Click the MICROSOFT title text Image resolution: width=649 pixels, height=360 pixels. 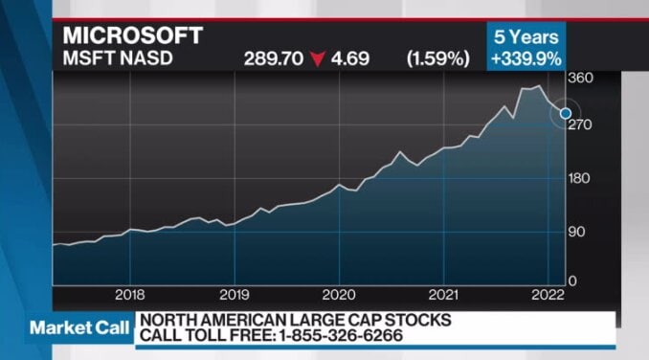pos(133,35)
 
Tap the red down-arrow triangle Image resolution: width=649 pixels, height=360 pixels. pos(317,59)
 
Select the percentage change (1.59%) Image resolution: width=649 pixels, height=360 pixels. pos(437,59)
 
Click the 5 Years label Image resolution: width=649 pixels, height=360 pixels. pos(526,37)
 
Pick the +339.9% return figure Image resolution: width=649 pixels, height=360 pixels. pos(526,59)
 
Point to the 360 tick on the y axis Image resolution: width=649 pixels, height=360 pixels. pos(581,79)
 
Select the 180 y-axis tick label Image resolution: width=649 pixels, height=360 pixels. pos(581,178)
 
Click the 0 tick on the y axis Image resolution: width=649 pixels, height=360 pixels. pos(573,280)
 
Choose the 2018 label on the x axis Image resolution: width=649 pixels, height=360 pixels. pos(129,294)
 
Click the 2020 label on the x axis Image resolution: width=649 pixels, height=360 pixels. pos(338,294)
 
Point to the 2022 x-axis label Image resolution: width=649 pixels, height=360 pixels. pos(547,294)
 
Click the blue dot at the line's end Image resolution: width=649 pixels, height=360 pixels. pos(565,114)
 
